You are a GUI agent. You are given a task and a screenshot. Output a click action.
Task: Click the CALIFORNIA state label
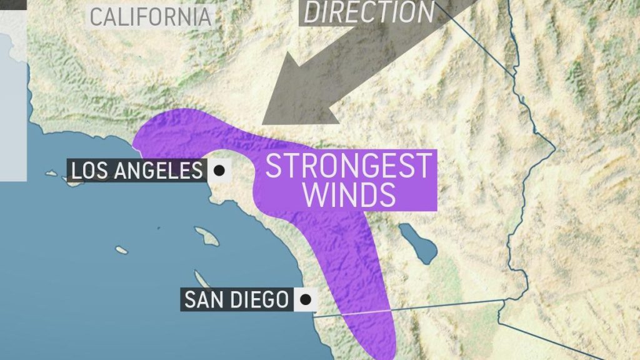pyautogui.click(x=150, y=16)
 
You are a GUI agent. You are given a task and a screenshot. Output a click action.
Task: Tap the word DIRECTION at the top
pyautogui.click(x=368, y=12)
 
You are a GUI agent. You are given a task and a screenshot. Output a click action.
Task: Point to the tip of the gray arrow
pyautogui.click(x=264, y=121)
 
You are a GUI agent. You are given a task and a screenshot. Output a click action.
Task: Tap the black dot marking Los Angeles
pyautogui.click(x=219, y=170)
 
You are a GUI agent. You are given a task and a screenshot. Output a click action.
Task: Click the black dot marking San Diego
pyautogui.click(x=306, y=299)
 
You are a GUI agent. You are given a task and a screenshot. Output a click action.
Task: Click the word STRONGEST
pyautogui.click(x=348, y=166)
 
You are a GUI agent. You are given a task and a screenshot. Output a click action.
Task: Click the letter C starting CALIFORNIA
pyautogui.click(x=96, y=16)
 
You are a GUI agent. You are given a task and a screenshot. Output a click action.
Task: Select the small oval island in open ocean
pyautogui.click(x=121, y=250)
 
